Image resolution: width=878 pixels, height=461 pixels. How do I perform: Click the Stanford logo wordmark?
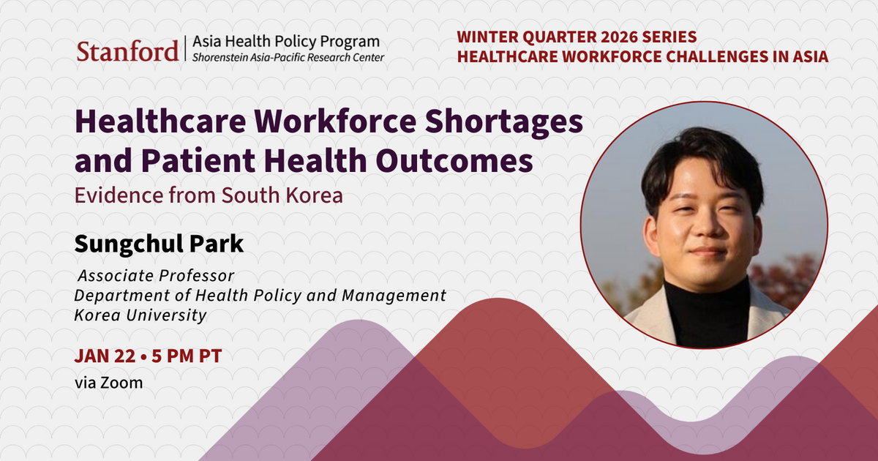pyautogui.click(x=127, y=51)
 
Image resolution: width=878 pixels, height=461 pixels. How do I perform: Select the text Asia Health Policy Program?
pyautogui.click(x=286, y=42)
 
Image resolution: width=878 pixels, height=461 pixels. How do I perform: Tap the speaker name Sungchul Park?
pyautogui.click(x=159, y=244)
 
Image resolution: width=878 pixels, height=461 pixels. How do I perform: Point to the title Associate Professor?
pyautogui.click(x=156, y=277)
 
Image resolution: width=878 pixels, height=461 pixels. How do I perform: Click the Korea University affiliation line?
pyautogui.click(x=140, y=315)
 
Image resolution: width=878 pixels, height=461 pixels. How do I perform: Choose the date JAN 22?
pyautogui.click(x=105, y=357)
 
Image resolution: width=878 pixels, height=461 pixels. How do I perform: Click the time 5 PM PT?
pyautogui.click(x=186, y=357)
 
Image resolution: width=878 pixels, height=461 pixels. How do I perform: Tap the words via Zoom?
pyautogui.click(x=108, y=382)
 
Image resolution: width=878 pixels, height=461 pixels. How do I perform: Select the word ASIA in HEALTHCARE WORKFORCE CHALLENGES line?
pyautogui.click(x=809, y=57)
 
